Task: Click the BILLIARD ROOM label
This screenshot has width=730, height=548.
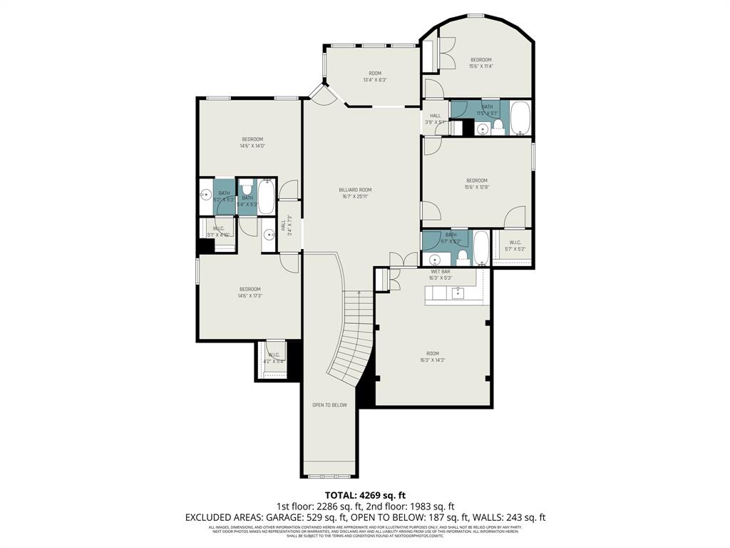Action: click(355, 193)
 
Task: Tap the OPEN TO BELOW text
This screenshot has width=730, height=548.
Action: click(329, 405)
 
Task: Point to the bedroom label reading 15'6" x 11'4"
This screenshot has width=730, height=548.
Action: click(480, 63)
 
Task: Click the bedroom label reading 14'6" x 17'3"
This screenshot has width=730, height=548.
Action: click(250, 292)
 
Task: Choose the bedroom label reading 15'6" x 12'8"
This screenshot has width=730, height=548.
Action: click(477, 183)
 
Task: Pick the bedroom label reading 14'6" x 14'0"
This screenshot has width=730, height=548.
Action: click(252, 142)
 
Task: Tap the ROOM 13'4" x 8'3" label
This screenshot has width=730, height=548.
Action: click(374, 76)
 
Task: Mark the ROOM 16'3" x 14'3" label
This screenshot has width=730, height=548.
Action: click(433, 357)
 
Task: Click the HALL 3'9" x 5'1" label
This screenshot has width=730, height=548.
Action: click(435, 118)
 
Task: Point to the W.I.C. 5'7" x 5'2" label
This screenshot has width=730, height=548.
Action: click(515, 245)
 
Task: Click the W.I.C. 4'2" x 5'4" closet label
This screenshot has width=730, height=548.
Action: click(273, 358)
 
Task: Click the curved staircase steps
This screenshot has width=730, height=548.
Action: click(354, 342)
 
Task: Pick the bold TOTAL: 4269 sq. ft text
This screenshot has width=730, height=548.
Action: click(364, 494)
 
